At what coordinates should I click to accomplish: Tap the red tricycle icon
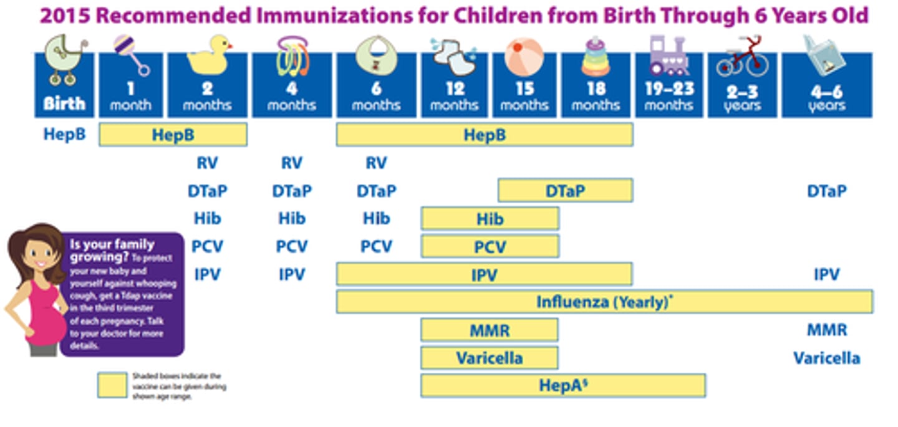742,58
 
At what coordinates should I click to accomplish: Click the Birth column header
64,103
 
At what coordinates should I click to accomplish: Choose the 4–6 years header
827,97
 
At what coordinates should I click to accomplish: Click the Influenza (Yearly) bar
604,302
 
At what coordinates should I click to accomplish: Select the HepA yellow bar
562,385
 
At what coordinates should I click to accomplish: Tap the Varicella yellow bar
489,358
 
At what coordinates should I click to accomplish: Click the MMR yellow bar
489,330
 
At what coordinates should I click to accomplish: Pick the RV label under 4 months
291,163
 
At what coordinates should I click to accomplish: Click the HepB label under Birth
64,134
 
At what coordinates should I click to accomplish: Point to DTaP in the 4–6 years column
827,191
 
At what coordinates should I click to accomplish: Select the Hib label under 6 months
376,218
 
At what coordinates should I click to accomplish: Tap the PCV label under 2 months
207,246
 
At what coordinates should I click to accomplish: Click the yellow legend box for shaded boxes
112,385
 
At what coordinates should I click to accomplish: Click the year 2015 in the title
65,15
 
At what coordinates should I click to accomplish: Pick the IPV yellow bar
484,274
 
